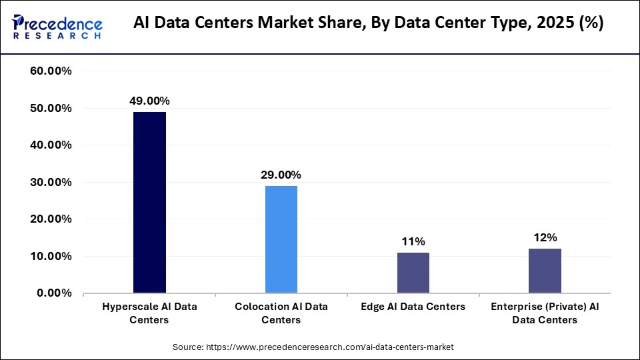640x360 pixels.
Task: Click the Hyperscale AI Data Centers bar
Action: click(x=149, y=203)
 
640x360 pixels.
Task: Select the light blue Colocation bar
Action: click(x=281, y=239)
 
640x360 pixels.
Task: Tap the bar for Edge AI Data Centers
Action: click(x=413, y=273)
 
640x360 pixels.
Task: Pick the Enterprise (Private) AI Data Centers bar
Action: click(x=545, y=271)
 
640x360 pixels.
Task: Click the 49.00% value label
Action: click(x=149, y=101)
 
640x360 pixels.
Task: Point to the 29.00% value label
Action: click(x=281, y=175)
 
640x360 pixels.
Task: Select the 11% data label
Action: click(x=413, y=241)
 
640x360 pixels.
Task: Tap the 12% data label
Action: click(x=545, y=237)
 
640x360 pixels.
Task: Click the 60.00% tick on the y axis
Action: click(x=51, y=71)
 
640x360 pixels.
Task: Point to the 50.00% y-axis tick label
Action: click(x=51, y=108)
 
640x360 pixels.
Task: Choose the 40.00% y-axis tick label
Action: click(x=51, y=145)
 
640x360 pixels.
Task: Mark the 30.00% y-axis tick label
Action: click(x=51, y=182)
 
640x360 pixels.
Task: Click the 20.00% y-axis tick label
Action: click(x=51, y=219)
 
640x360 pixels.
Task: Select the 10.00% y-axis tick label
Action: click(x=51, y=257)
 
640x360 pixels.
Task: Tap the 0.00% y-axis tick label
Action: click(x=54, y=293)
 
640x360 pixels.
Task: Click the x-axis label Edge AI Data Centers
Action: click(x=413, y=307)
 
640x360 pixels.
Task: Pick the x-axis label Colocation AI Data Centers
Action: click(x=281, y=313)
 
